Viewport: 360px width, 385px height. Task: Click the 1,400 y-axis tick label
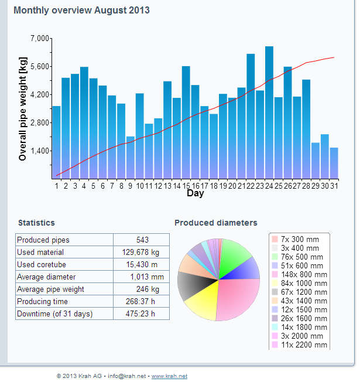40,151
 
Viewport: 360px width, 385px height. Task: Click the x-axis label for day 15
186,186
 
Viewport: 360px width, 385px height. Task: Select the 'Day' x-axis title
195,194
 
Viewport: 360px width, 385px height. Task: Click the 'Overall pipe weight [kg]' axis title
23,109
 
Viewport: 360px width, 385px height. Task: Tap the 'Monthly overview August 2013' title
81,11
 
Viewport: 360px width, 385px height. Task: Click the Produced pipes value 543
142,240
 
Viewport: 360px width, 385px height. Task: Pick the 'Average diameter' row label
46,277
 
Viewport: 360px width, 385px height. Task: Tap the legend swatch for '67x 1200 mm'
275,292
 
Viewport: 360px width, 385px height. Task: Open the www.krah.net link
169,376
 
